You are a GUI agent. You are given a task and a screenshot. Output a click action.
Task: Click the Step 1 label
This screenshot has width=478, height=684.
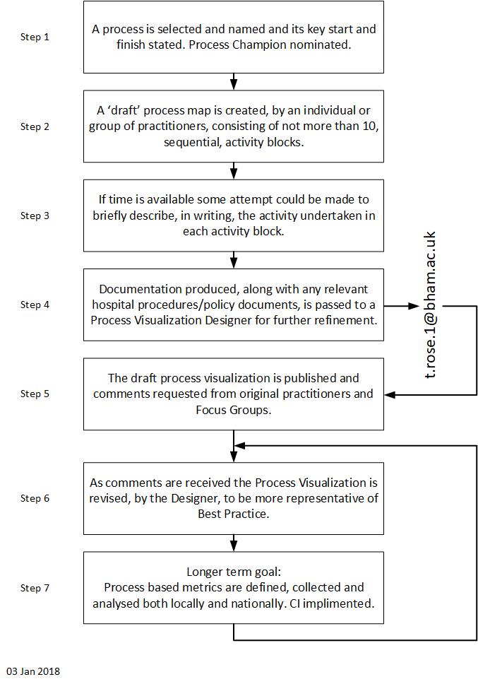point(35,37)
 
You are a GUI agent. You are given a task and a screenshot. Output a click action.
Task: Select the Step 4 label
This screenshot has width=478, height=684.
point(35,305)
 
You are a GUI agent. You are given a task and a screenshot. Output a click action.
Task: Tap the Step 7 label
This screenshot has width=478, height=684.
point(35,588)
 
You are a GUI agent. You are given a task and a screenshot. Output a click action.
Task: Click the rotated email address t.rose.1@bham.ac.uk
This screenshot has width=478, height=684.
point(430,305)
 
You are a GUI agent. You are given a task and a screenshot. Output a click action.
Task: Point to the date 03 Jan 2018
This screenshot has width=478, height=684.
point(33,671)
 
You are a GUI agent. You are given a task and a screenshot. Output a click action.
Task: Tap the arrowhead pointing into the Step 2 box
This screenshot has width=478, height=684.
point(234,85)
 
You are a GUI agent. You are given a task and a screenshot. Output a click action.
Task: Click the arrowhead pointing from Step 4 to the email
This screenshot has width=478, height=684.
point(413,306)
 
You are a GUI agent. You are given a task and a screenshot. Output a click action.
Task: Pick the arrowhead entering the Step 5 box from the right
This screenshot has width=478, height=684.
point(390,395)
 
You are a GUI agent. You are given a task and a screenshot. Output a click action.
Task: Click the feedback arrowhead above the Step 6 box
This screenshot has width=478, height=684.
point(239,446)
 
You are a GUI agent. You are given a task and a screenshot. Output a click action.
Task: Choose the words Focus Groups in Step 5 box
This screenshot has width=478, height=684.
point(234,410)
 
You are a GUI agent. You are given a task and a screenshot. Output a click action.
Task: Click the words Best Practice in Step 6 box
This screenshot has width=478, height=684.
point(234,514)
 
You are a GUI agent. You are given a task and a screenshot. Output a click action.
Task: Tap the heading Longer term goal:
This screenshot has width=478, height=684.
point(234,572)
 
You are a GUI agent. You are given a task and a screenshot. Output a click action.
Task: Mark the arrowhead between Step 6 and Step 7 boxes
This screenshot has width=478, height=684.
point(234,547)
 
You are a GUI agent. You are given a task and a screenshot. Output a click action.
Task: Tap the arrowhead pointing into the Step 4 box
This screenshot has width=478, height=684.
point(234,264)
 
